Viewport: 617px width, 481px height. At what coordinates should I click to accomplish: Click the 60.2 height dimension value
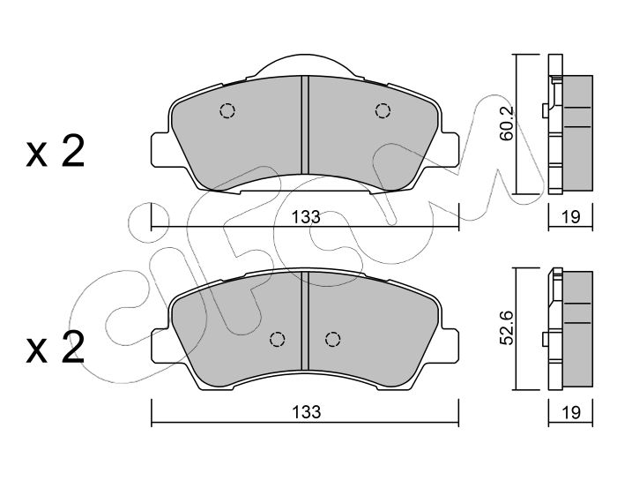507,123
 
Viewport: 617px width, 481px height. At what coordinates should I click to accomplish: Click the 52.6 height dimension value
507,327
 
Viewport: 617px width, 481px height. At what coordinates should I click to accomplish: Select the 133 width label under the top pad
306,216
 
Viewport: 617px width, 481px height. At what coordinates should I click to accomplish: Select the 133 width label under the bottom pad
306,412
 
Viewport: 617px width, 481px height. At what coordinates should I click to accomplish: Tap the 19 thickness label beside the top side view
571,216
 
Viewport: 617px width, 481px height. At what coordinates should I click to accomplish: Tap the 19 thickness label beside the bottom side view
571,412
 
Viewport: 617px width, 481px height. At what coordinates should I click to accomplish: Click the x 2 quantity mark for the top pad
56,151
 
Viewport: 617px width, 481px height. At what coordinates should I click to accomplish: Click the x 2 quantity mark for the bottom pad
56,347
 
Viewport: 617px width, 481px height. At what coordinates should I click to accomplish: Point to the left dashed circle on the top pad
227,110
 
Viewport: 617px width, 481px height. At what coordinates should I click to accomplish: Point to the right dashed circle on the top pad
383,110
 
